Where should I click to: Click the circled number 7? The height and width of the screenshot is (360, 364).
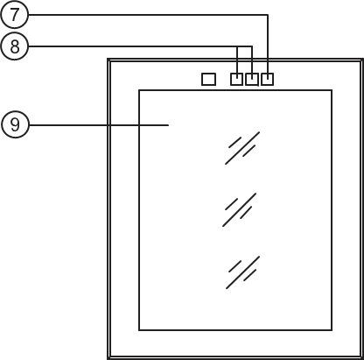click(x=14, y=14)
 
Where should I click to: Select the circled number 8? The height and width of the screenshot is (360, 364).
click(x=15, y=46)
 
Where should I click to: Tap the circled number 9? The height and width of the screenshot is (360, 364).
click(x=15, y=124)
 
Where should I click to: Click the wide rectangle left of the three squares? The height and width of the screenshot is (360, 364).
click(x=208, y=79)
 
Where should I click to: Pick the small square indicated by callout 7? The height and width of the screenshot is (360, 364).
click(x=267, y=79)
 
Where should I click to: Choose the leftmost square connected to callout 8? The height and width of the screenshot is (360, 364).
click(x=236, y=79)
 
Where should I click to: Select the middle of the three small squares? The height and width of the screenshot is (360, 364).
click(x=252, y=79)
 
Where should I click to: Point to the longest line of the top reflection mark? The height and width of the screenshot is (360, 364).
click(x=242, y=148)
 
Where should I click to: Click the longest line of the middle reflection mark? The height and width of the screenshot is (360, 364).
click(x=240, y=209)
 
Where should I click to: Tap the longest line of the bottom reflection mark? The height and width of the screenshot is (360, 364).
click(x=243, y=272)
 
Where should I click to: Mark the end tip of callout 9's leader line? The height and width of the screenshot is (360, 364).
click(x=169, y=125)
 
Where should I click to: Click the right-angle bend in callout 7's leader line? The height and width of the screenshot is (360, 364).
click(x=268, y=15)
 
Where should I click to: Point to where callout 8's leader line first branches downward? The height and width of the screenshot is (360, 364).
click(x=237, y=46)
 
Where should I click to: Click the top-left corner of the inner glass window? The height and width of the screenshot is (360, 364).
click(x=139, y=90)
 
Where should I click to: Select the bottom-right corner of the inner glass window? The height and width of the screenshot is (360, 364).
click(x=332, y=330)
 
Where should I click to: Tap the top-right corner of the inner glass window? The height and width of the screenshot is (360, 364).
click(x=332, y=90)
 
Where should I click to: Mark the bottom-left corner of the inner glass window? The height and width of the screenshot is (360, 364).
click(x=139, y=330)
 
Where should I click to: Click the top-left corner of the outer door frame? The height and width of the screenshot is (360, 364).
click(x=108, y=60)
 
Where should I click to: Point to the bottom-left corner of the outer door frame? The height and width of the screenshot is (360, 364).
click(x=108, y=358)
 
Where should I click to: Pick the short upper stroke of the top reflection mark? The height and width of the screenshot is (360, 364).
click(x=235, y=142)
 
